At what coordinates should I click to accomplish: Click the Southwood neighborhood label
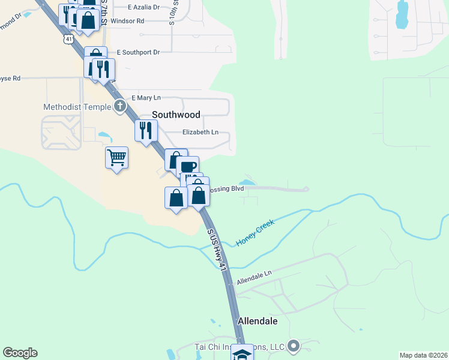[176, 114]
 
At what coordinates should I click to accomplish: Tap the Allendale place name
[258, 321]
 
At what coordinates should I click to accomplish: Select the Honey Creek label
[255, 233]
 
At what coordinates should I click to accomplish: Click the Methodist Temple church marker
[120, 107]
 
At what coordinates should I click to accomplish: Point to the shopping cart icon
[116, 158]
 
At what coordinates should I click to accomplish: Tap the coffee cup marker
[187, 166]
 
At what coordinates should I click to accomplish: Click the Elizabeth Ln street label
[200, 132]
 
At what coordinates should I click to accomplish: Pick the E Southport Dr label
[138, 52]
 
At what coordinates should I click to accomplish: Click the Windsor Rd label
[128, 20]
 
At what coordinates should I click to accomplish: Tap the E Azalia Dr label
[144, 7]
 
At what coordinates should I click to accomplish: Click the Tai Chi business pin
[294, 346]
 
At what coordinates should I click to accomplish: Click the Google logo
[20, 353]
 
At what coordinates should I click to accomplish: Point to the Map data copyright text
[423, 355]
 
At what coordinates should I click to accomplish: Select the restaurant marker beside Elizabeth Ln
[146, 130]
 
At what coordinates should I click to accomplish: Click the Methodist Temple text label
[77, 107]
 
